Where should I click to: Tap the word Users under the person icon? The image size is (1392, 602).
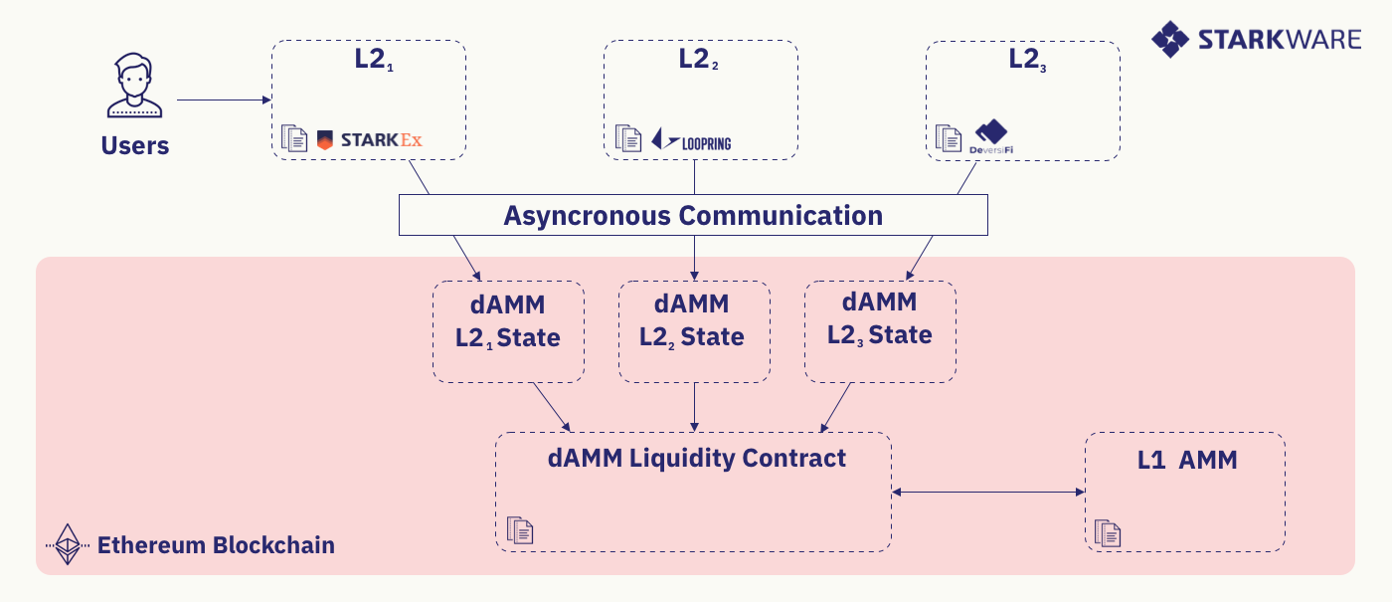pyautogui.click(x=135, y=146)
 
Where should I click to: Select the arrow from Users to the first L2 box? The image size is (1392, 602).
pyautogui.click(x=224, y=100)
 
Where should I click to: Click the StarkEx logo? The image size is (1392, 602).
pyautogui.click(x=370, y=139)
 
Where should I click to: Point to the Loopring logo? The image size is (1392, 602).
pyautogui.click(x=692, y=140)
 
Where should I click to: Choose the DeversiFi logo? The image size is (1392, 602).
pyautogui.click(x=990, y=137)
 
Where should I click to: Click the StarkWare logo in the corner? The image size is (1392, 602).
pyautogui.click(x=1255, y=39)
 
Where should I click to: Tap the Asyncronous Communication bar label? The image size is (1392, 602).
pyautogui.click(x=693, y=215)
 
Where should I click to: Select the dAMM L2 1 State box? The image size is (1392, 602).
pyautogui.click(x=508, y=331)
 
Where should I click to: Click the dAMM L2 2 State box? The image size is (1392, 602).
pyautogui.click(x=693, y=331)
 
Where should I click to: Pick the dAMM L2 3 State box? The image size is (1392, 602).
pyautogui.click(x=880, y=331)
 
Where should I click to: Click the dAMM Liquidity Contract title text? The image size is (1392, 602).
pyautogui.click(x=696, y=458)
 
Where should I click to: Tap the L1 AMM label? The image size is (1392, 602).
pyautogui.click(x=1187, y=461)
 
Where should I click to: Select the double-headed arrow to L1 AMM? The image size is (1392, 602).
pyautogui.click(x=987, y=492)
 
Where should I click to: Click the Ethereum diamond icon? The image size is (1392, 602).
pyautogui.click(x=69, y=544)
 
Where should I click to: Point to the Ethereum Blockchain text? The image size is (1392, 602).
pyautogui.click(x=215, y=545)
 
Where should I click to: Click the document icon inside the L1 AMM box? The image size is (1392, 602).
pyautogui.click(x=1108, y=533)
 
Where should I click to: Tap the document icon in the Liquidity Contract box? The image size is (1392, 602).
pyautogui.click(x=519, y=529)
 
